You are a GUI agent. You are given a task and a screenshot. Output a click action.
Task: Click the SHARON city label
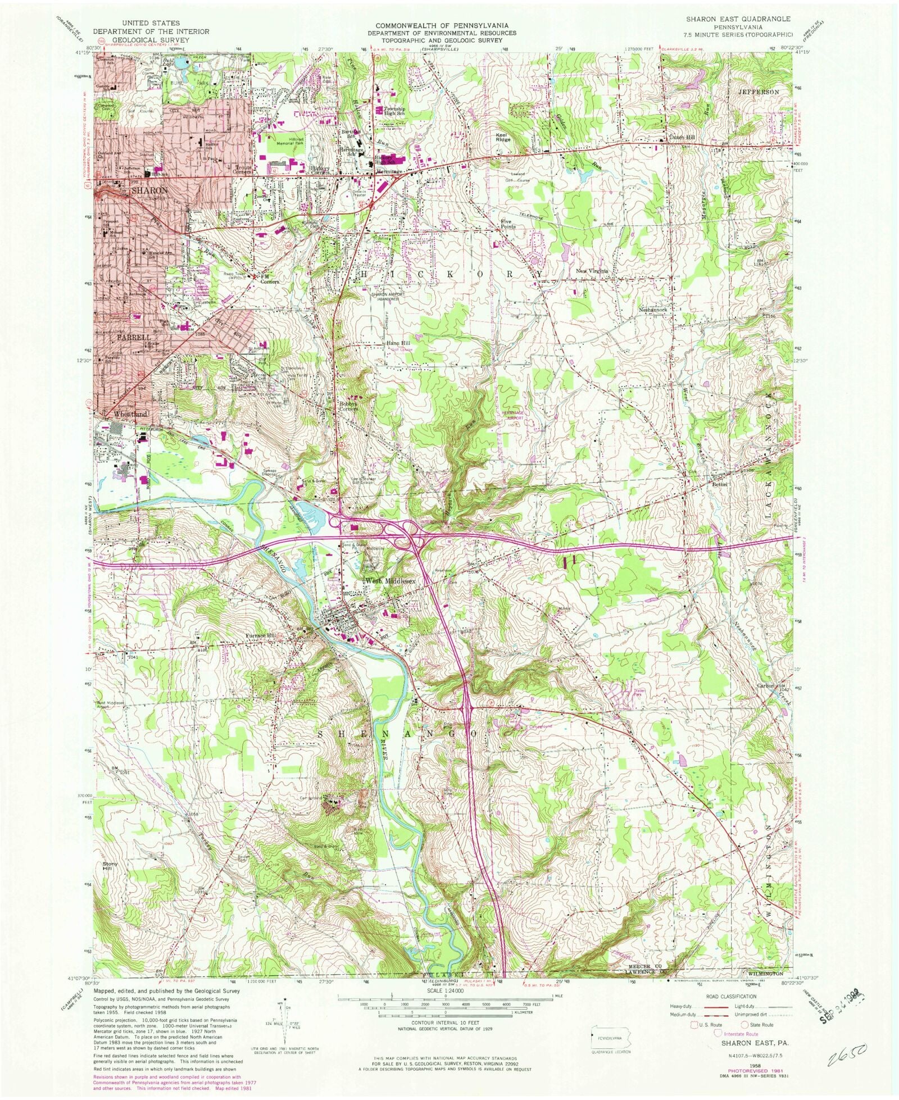point(149,190)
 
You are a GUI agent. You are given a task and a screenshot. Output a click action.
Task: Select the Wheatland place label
point(130,414)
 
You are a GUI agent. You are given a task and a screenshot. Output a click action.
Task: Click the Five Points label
point(508,224)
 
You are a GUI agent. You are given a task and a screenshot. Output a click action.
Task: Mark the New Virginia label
point(592,271)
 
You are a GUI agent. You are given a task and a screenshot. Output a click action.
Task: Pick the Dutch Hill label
point(682,137)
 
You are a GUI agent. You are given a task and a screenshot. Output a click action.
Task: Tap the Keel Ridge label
point(503,137)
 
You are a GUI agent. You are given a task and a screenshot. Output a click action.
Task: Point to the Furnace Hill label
point(261,635)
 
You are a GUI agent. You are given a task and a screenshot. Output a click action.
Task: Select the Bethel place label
point(720,484)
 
